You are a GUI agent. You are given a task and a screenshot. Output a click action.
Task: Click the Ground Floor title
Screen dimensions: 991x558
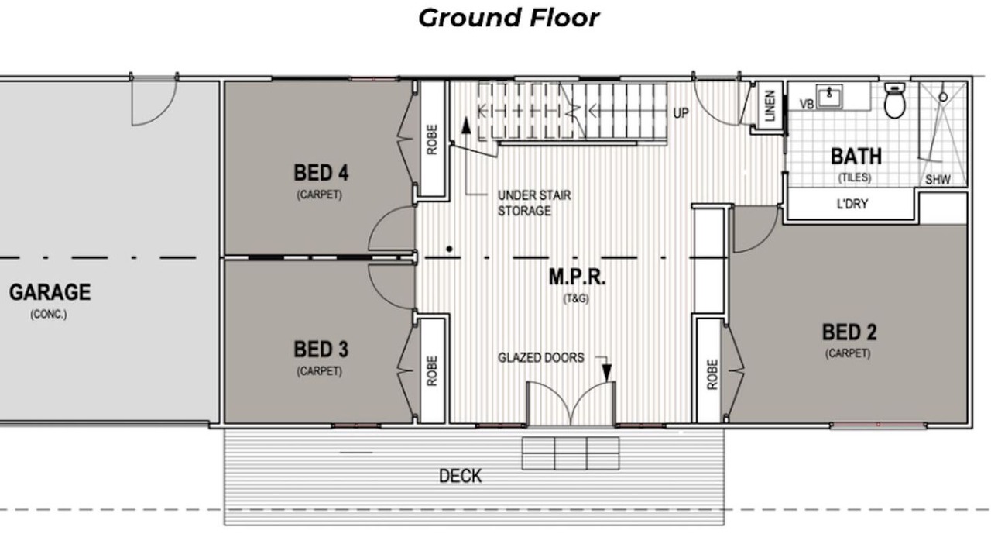(509, 19)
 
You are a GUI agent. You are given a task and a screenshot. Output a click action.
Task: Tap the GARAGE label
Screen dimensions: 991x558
(50, 292)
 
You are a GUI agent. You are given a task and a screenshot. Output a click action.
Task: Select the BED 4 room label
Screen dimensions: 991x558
(321, 173)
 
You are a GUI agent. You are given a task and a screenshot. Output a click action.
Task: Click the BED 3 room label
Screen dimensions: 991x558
(321, 350)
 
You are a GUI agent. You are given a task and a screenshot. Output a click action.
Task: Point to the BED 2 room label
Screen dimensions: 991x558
(849, 332)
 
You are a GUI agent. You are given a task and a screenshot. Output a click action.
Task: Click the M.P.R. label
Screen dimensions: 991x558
(577, 277)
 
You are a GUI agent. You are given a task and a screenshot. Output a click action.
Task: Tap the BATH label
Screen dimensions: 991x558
(856, 157)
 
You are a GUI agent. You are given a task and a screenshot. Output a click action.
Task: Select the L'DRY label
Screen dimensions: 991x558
(852, 204)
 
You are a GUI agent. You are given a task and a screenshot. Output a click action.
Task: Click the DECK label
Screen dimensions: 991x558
(460, 476)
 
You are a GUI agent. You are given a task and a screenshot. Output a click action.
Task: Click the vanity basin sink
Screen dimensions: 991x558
(829, 96)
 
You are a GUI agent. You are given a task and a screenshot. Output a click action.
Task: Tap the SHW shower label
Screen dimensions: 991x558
(938, 179)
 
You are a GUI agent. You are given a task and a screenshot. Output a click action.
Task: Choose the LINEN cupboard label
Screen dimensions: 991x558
(770, 106)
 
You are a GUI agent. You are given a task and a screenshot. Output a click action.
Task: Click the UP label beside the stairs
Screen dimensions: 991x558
(681, 113)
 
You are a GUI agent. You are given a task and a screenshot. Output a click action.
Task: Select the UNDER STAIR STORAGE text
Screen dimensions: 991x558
(534, 203)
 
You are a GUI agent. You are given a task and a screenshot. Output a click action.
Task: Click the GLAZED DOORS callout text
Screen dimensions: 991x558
(541, 357)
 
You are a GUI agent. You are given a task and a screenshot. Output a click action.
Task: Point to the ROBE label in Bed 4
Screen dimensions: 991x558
(432, 139)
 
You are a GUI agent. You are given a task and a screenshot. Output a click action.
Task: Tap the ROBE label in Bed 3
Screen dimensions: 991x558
(432, 371)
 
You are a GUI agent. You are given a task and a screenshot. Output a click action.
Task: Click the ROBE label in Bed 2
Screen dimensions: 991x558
(712, 374)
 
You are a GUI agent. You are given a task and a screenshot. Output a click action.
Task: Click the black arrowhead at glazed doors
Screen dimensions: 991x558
(607, 373)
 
